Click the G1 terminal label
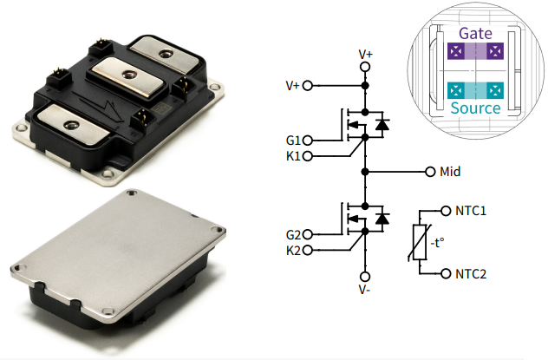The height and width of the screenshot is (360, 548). (x=292, y=141)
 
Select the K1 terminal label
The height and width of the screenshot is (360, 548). (x=292, y=156)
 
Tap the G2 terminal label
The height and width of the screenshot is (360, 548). (x=292, y=234)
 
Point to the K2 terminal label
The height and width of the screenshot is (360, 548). (x=292, y=250)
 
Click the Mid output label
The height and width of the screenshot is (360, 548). (x=450, y=171)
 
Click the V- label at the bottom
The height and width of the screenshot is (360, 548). (x=365, y=291)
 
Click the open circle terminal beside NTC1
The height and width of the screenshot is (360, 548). (x=447, y=211)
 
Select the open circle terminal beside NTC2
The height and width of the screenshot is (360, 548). (x=447, y=274)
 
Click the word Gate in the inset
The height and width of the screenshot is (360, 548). (x=475, y=32)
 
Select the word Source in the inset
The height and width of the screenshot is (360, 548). (x=475, y=108)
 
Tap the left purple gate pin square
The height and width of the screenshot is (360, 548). (x=453, y=52)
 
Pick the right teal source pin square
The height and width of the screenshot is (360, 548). (x=496, y=89)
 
